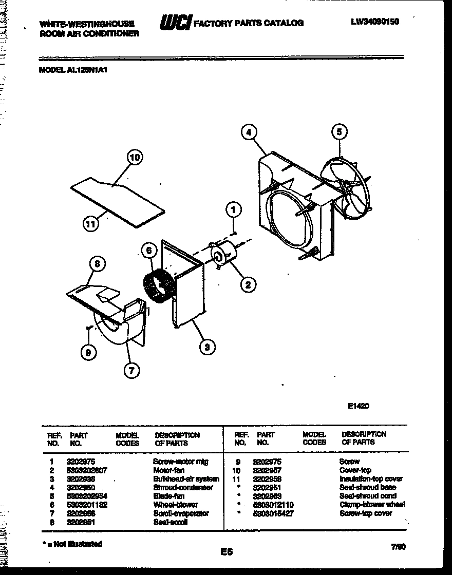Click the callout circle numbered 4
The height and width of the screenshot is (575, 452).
[x=249, y=132]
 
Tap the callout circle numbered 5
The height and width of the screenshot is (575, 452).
[x=338, y=132]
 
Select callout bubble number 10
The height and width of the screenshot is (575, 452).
[x=134, y=158]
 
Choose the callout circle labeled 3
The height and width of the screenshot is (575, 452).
[x=207, y=348]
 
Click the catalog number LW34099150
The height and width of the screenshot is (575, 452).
[x=375, y=22]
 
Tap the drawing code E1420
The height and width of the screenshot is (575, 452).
[x=359, y=406]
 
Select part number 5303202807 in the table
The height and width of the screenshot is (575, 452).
[x=87, y=470]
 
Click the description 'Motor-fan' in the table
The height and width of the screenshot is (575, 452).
[x=168, y=470]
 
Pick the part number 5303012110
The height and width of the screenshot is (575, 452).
[x=273, y=505]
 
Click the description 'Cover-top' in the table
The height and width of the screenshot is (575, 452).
[x=355, y=470]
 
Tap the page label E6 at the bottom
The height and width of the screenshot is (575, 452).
[x=227, y=552]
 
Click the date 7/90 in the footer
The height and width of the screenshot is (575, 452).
[x=399, y=547]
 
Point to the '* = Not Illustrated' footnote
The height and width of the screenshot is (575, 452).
[x=71, y=544]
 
